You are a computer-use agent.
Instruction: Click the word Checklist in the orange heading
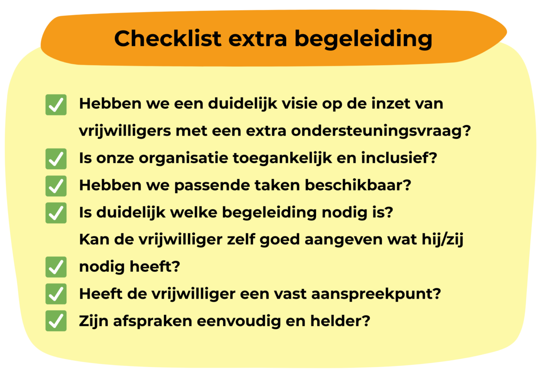(168, 39)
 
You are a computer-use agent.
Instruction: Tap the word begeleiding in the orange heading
(363, 40)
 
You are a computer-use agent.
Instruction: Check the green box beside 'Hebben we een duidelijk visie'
(56, 105)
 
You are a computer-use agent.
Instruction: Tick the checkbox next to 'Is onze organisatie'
(56, 159)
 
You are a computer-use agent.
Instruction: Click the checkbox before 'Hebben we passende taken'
(56, 186)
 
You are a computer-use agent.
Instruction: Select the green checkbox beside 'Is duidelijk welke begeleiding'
(56, 213)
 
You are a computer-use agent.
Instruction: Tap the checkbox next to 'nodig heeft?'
(56, 267)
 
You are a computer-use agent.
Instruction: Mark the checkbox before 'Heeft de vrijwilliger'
(56, 294)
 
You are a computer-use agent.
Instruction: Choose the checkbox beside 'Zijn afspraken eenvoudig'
(56, 321)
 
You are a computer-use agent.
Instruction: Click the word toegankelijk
(282, 159)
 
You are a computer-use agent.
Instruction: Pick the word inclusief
(399, 158)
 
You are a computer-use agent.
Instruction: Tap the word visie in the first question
(300, 104)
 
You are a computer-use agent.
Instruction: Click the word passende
(212, 186)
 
